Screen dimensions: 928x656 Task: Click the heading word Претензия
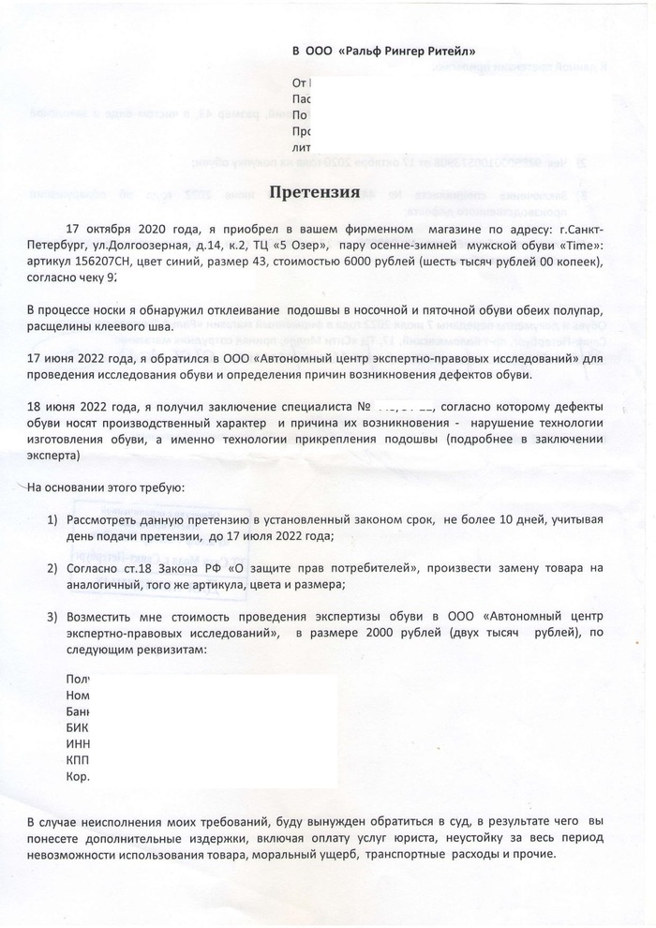click(x=315, y=192)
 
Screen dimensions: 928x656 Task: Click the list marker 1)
click(x=53, y=520)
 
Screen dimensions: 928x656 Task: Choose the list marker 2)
click(x=53, y=569)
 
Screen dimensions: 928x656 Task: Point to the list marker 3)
click(x=53, y=617)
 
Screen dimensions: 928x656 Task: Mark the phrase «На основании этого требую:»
click(x=105, y=488)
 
